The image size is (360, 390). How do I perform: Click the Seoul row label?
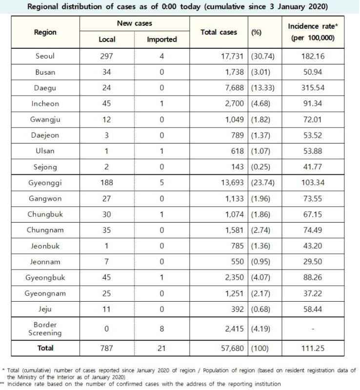(45, 56)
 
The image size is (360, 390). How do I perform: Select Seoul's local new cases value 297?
(107, 56)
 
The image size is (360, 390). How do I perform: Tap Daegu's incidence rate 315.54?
(313, 88)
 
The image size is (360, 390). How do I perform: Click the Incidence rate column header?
(313, 32)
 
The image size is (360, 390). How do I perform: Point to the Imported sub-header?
(161, 40)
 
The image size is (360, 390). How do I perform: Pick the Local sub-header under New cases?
(107, 40)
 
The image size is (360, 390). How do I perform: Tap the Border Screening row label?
(45, 328)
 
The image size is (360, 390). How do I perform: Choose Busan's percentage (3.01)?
(263, 72)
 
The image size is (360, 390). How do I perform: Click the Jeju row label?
(45, 309)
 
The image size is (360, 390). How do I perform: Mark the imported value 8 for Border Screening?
(161, 328)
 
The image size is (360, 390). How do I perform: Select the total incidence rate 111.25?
(313, 349)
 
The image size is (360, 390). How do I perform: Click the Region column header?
(45, 32)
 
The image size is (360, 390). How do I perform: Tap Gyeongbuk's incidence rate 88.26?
(313, 277)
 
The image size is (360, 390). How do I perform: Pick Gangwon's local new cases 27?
(107, 198)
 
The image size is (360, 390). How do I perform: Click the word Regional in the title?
(46, 6)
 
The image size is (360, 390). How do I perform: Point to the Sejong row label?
(45, 167)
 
